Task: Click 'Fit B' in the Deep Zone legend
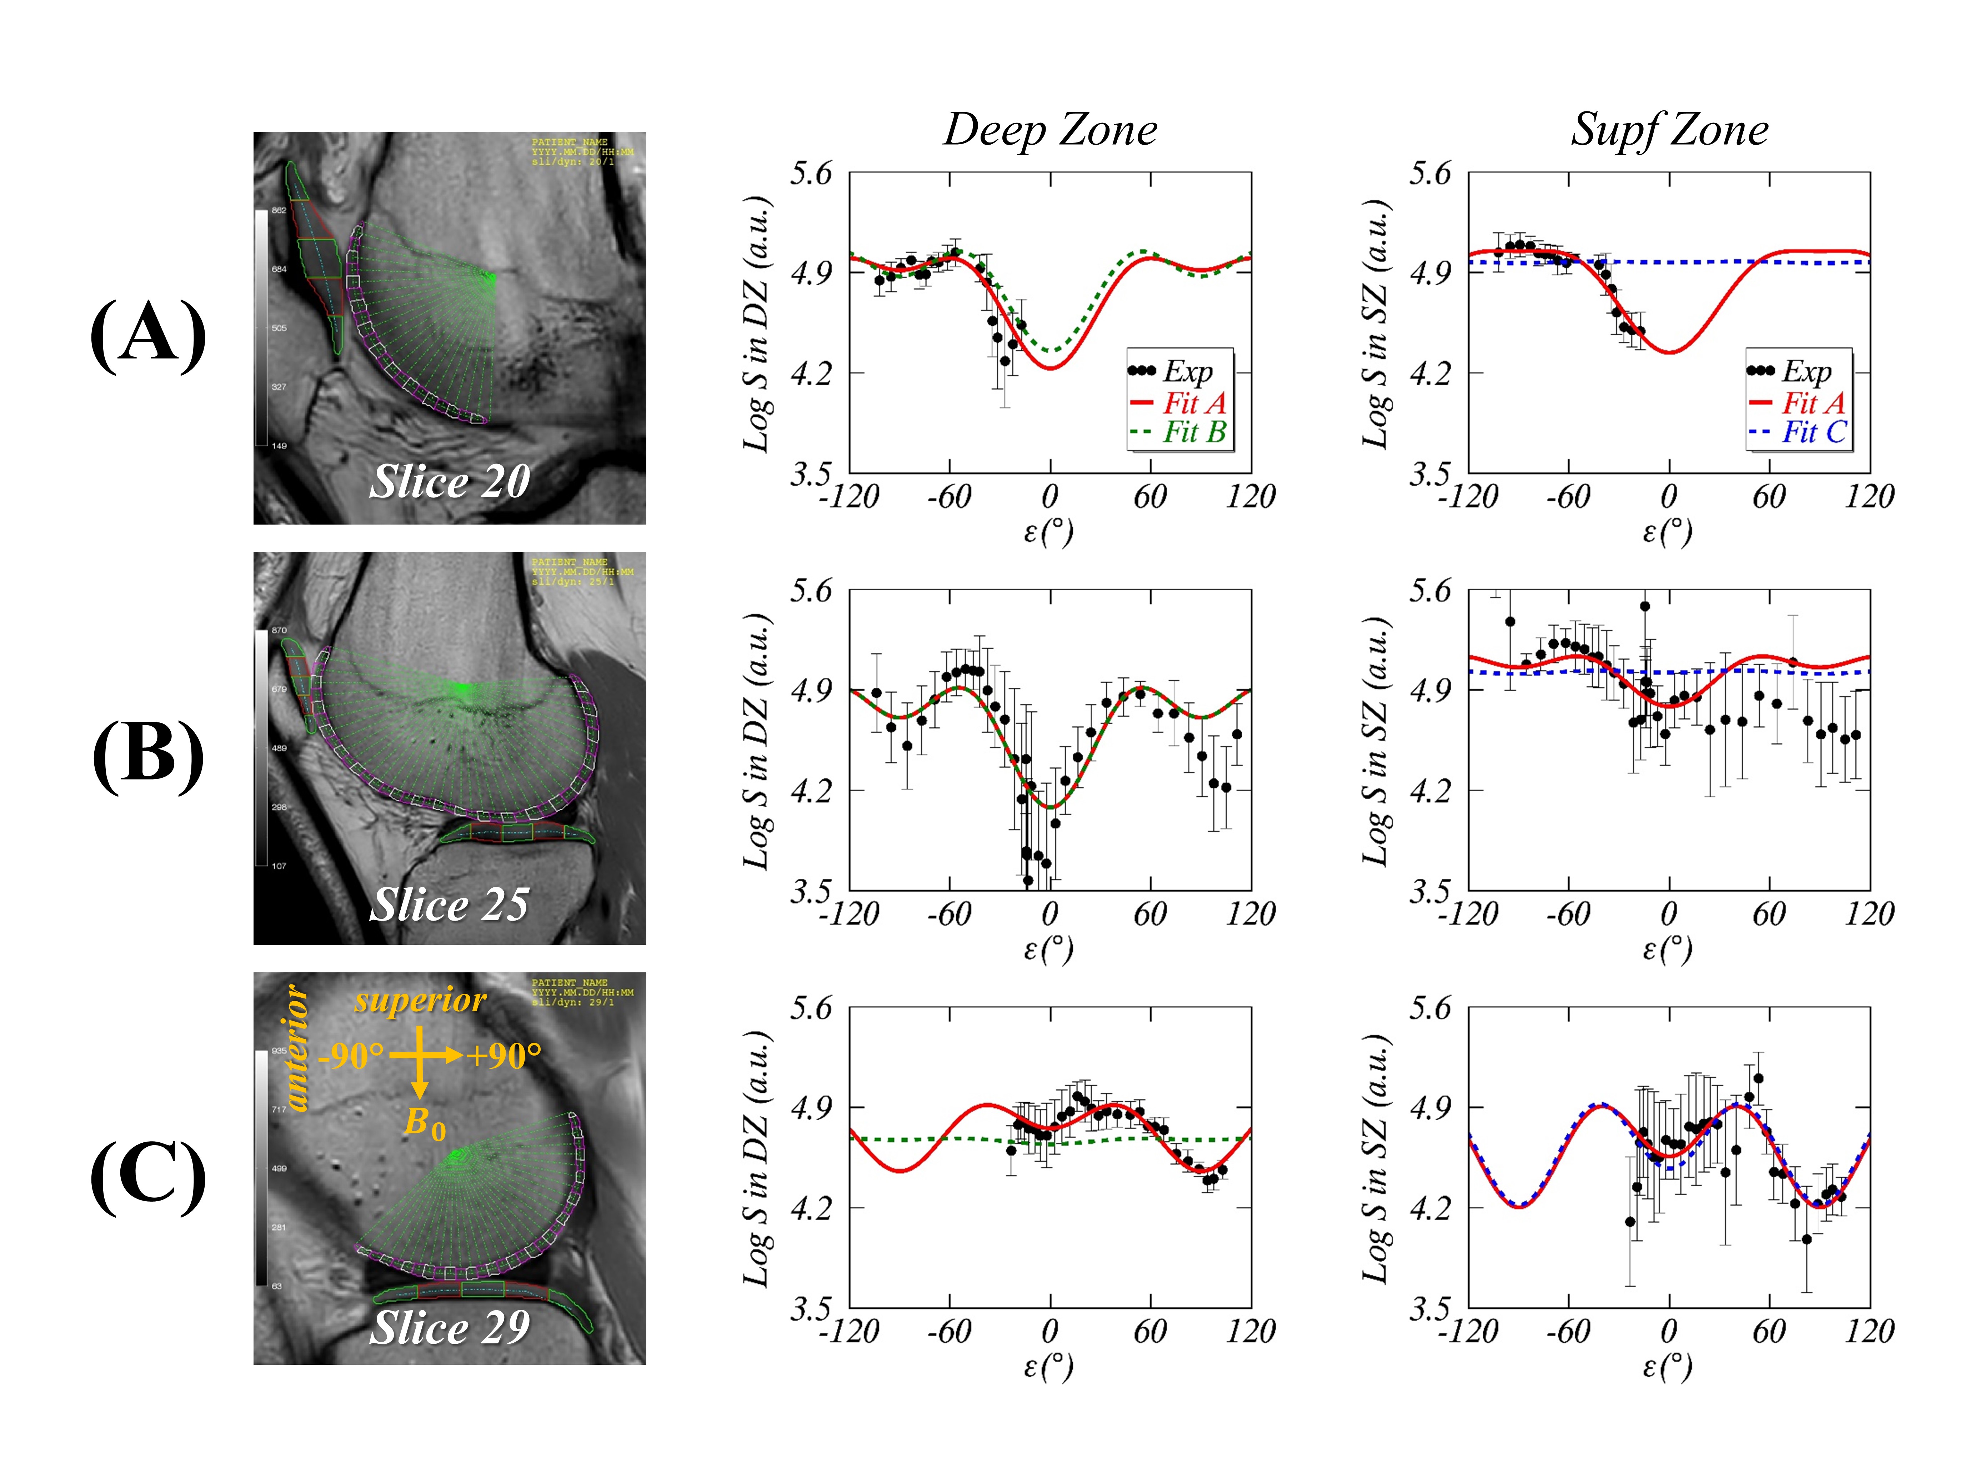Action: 1194,432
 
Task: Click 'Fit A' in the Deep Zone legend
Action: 1194,402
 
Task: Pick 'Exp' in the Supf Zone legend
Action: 1806,371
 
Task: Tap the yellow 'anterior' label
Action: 296,1048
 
